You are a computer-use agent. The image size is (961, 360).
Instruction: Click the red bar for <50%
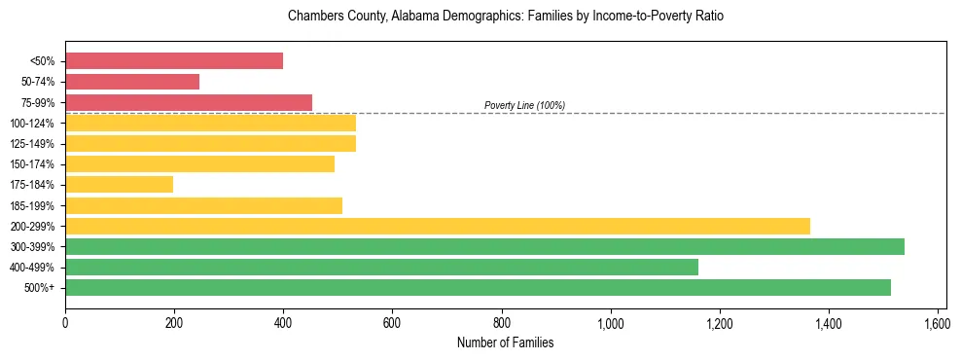pyautogui.click(x=174, y=61)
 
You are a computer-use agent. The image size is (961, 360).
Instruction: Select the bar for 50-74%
pyautogui.click(x=132, y=82)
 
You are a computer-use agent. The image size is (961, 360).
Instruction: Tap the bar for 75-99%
pyautogui.click(x=189, y=102)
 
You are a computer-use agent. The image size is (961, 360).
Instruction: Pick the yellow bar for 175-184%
pyautogui.click(x=119, y=185)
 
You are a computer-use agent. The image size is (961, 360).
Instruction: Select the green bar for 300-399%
pyautogui.click(x=484, y=246)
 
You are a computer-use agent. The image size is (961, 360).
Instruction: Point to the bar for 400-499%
pyautogui.click(x=381, y=267)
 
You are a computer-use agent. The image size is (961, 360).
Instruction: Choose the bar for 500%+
pyautogui.click(x=478, y=287)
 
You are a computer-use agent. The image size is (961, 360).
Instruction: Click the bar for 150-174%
pyautogui.click(x=199, y=164)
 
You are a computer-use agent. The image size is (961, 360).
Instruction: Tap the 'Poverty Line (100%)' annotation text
pyautogui.click(x=524, y=105)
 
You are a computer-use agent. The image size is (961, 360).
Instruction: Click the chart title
pyautogui.click(x=506, y=17)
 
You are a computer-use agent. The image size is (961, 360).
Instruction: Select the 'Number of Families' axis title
pyautogui.click(x=506, y=342)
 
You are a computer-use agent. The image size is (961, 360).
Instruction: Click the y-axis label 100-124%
pyautogui.click(x=32, y=124)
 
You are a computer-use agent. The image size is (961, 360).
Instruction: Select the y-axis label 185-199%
pyautogui.click(x=32, y=205)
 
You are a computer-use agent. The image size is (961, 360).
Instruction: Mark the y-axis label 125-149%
pyautogui.click(x=32, y=144)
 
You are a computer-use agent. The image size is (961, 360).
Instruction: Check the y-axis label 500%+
pyautogui.click(x=39, y=288)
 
